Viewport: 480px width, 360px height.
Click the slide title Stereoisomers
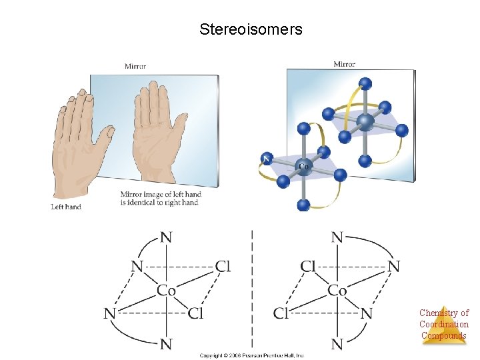tap(251, 30)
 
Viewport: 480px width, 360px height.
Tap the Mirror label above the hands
tap(135, 66)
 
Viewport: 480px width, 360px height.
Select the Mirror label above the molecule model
tap(344, 64)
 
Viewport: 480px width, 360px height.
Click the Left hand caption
tap(66, 207)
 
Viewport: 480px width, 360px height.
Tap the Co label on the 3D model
tap(302, 166)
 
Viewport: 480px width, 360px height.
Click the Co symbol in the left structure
tap(167, 290)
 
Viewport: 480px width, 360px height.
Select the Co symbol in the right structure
tap(337, 290)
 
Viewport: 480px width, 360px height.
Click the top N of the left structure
tap(167, 237)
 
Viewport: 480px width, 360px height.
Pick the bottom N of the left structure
tap(167, 344)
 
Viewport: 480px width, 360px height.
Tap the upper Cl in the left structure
tap(223, 267)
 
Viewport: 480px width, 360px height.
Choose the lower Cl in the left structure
tap(195, 313)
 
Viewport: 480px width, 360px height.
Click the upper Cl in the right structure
tap(308, 267)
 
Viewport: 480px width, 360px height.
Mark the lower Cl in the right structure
tap(281, 313)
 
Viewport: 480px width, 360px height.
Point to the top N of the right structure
tap(337, 237)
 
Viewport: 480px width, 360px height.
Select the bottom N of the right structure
tap(337, 344)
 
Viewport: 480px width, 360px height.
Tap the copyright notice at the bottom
tap(252, 355)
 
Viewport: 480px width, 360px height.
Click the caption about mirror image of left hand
tap(159, 199)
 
